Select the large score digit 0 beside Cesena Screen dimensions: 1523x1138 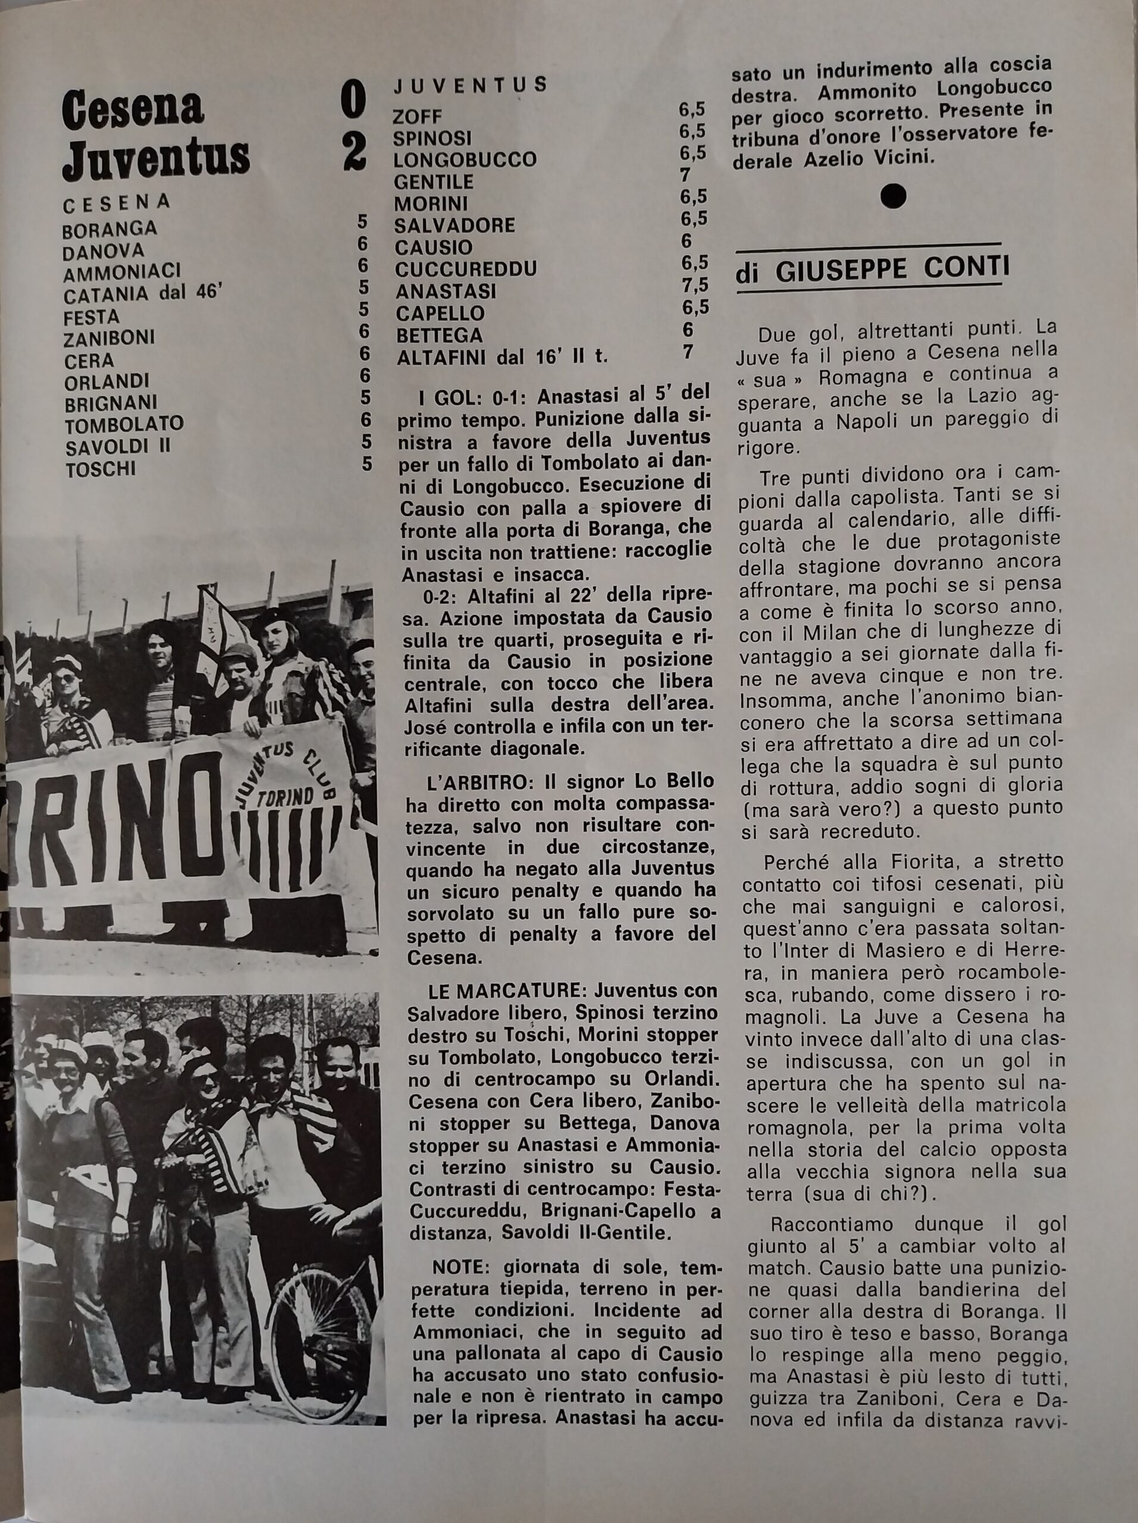coord(353,101)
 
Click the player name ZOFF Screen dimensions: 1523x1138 coord(417,117)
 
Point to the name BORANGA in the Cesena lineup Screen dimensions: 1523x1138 coord(109,228)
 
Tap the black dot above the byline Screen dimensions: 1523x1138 coord(893,196)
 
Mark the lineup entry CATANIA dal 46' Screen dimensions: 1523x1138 coord(143,294)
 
